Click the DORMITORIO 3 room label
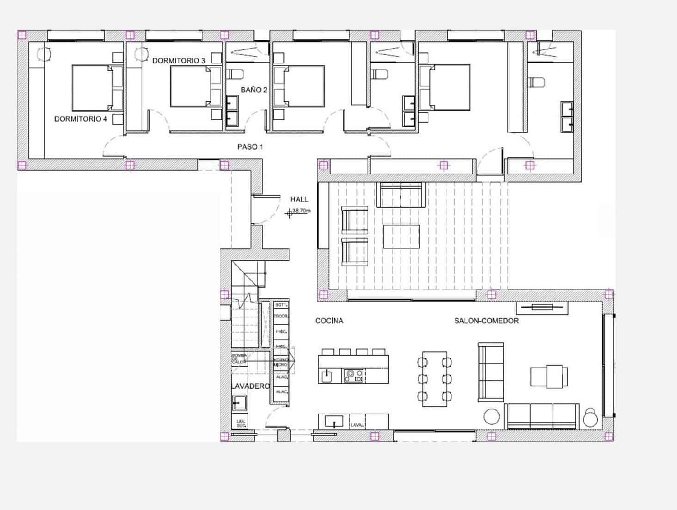click(178, 61)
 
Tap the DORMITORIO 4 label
click(80, 119)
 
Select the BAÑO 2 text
click(254, 90)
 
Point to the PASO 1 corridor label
click(250, 147)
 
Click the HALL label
click(299, 199)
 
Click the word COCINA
click(329, 320)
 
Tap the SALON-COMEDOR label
click(486, 320)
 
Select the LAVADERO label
click(250, 386)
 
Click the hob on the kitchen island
click(354, 375)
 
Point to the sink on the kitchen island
click(327, 375)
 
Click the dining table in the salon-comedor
click(434, 379)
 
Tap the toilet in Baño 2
click(236, 74)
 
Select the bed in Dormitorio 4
click(92, 87)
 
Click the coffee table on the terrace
click(401, 236)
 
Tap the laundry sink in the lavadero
click(239, 402)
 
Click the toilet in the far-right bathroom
click(537, 82)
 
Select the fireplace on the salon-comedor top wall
click(542, 307)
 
